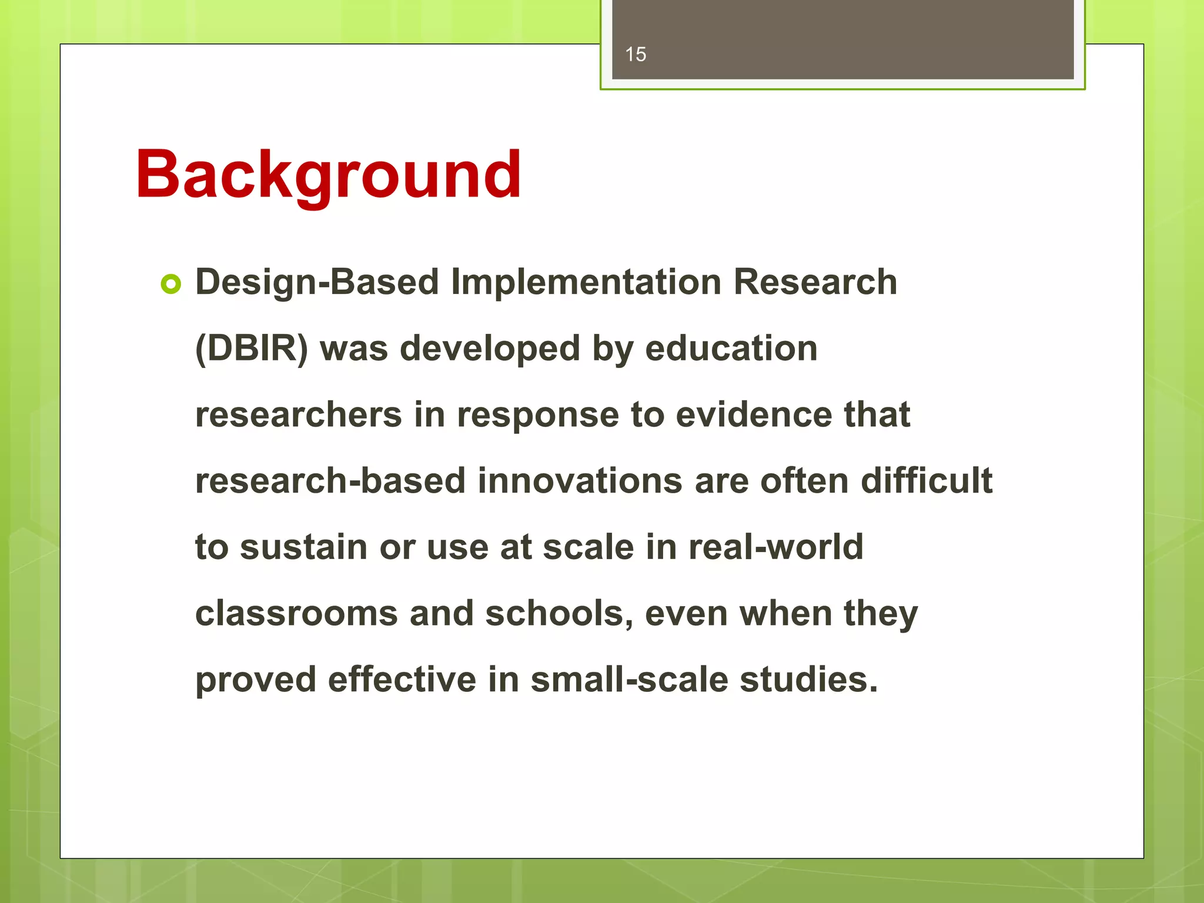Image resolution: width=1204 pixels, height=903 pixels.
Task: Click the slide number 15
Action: [636, 55]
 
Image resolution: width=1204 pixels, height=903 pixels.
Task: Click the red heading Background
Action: [328, 175]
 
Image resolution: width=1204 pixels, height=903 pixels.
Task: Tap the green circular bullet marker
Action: [170, 285]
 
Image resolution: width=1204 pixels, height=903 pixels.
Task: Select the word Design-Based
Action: [317, 282]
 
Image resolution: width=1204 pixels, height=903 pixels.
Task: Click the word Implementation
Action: [586, 282]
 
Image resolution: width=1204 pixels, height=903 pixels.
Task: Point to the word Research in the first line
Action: [815, 282]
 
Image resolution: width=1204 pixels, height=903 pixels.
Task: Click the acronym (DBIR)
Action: [252, 348]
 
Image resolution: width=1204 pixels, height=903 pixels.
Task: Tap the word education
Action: [731, 348]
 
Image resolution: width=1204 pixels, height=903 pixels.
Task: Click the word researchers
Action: [298, 414]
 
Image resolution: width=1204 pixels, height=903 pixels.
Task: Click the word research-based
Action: [330, 481]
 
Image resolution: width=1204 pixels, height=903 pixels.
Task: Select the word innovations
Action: [580, 481]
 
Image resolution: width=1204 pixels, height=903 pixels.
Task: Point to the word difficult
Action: [926, 481]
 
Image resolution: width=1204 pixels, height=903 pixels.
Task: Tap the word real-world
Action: [775, 547]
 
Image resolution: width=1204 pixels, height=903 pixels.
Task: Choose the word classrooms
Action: [296, 614]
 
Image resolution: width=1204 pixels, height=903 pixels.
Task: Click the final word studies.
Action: [808, 680]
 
